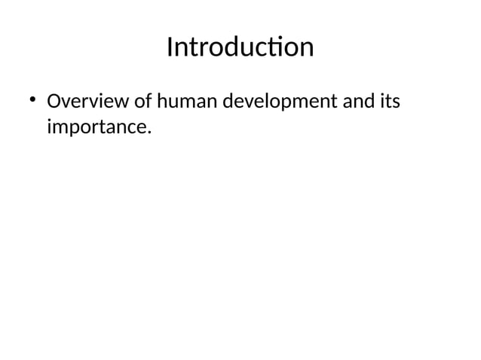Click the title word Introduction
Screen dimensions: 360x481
click(240, 47)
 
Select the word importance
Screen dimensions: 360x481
click(95, 129)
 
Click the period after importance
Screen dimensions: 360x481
click(149, 134)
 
